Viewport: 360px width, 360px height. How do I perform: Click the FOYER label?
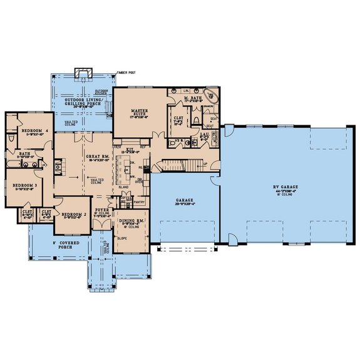[101, 210]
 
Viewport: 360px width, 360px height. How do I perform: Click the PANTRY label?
[139, 202]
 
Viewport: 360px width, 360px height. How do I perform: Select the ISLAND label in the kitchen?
[123, 186]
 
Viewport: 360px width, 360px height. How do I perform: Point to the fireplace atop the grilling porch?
[82, 73]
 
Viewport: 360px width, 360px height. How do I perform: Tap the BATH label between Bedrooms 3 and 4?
[24, 153]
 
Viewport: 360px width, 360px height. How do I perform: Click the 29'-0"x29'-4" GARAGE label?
[185, 202]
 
